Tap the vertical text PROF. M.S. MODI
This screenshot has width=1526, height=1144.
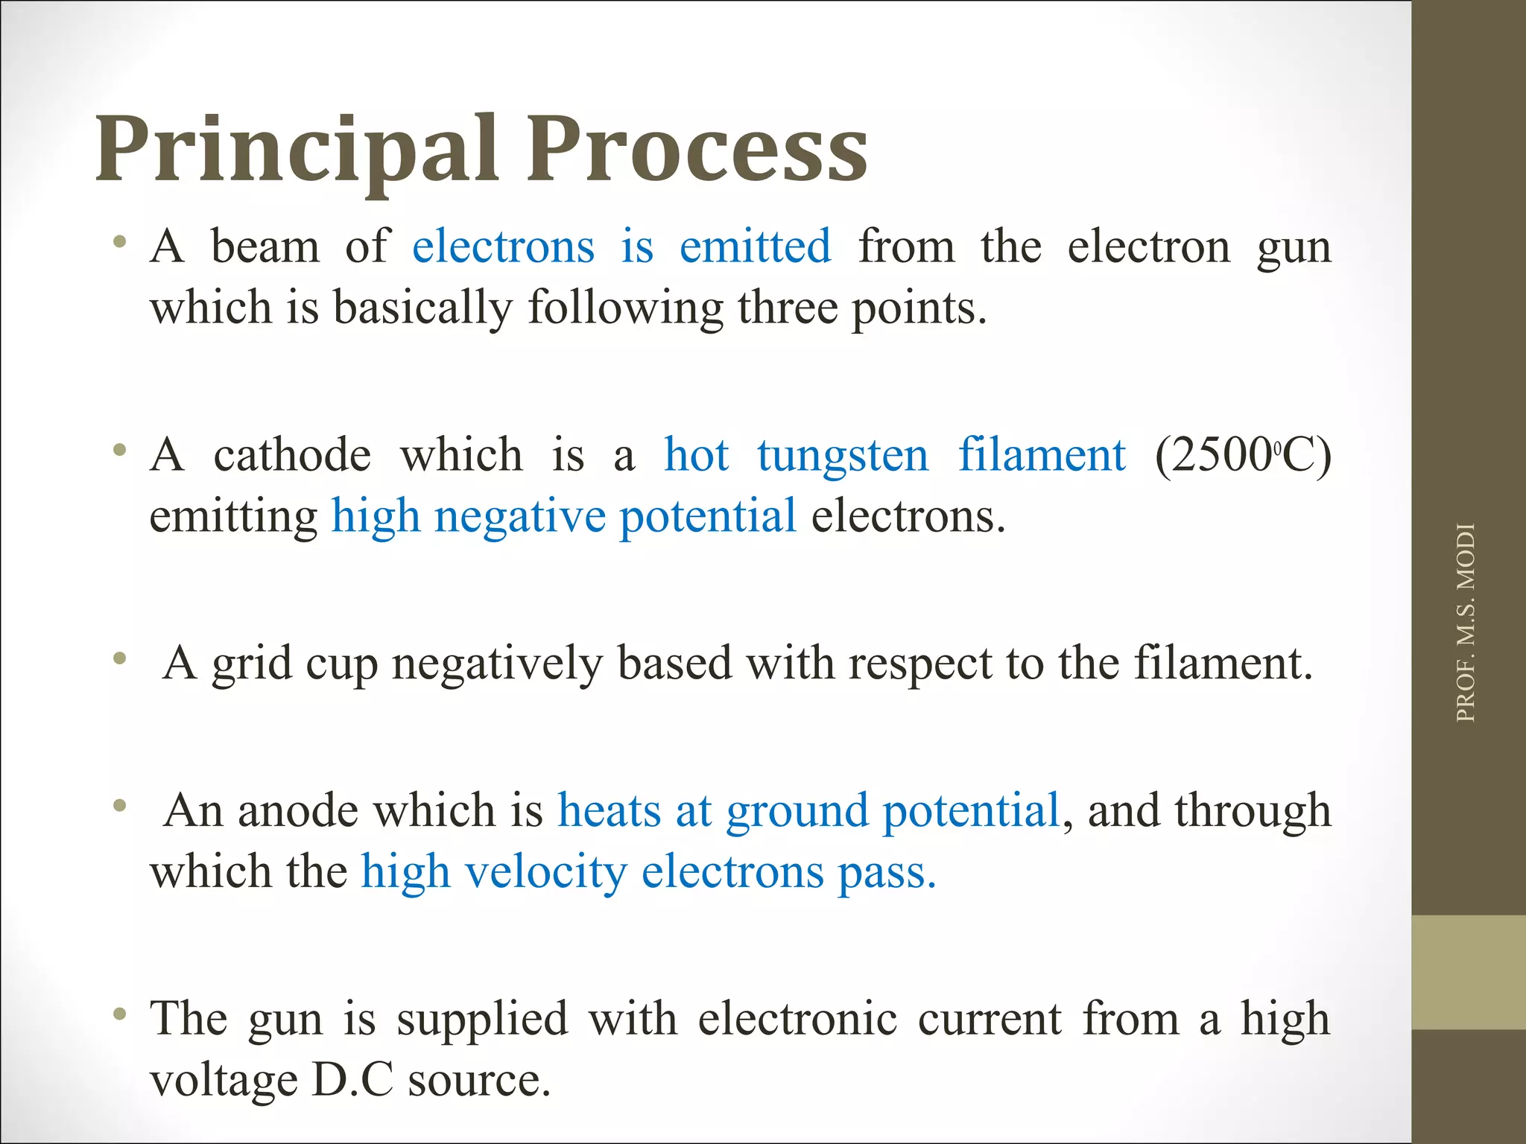pyautogui.click(x=1465, y=623)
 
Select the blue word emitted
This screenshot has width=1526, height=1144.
pyautogui.click(x=755, y=247)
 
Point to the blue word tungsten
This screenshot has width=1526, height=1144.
pyautogui.click(x=843, y=455)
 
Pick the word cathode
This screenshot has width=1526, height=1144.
pyautogui.click(x=292, y=455)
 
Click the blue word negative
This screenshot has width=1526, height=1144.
pyautogui.click(x=519, y=516)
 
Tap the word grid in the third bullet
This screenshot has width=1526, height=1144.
pyautogui.click(x=251, y=664)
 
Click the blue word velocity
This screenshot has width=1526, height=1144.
pyautogui.click(x=545, y=871)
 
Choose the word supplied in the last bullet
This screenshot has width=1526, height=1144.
pyautogui.click(x=482, y=1019)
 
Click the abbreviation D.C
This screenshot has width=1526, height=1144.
pyautogui.click(x=352, y=1080)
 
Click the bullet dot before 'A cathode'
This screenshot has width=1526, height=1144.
pyautogui.click(x=119, y=451)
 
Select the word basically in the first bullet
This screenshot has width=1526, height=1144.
pyautogui.click(x=422, y=308)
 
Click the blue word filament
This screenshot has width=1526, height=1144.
pyautogui.click(x=1042, y=455)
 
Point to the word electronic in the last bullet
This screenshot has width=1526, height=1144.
pyautogui.click(x=797, y=1019)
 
